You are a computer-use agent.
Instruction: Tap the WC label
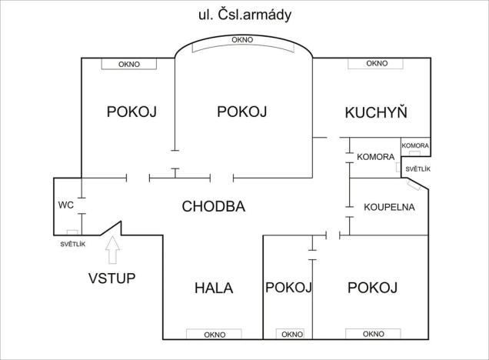tap(65, 205)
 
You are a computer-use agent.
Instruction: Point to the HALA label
tap(213, 288)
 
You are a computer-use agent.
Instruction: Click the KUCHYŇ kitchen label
tap(375, 112)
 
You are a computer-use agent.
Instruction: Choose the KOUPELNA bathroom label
tap(389, 207)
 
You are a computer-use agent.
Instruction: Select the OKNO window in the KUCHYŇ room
tap(376, 63)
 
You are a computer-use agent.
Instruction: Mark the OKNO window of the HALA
tap(215, 335)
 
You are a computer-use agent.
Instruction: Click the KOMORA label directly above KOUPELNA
tap(376, 157)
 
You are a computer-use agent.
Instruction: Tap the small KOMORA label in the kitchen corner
tap(415, 145)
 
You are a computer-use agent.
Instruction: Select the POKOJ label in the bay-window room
tap(241, 112)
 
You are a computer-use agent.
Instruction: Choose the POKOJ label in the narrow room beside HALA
tap(288, 288)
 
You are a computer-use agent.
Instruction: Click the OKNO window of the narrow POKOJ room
tap(291, 335)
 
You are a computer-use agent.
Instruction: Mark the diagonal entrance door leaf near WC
tap(114, 228)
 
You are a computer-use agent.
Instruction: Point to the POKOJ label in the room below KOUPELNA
tap(372, 288)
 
